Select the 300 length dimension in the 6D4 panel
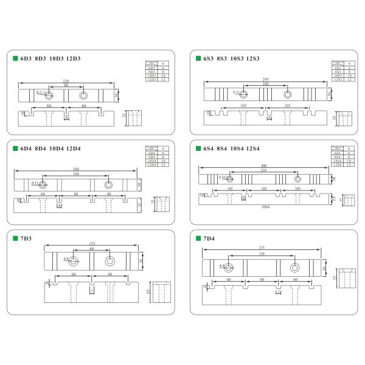click(75, 169)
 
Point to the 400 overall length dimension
click(264, 166)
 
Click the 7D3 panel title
click(27, 238)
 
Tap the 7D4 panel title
click(210, 238)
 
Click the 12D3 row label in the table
click(152, 80)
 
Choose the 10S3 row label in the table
click(338, 75)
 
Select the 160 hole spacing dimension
click(75, 174)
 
